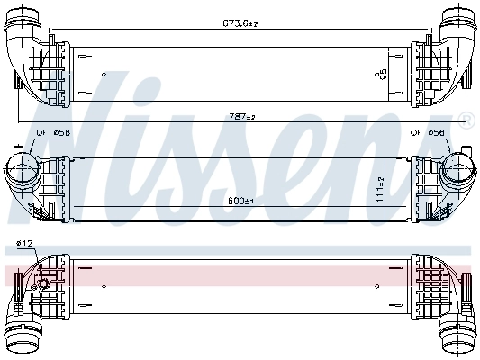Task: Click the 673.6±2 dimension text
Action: pyautogui.click(x=240, y=23)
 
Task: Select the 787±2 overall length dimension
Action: pyautogui.click(x=240, y=117)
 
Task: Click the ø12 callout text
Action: pyautogui.click(x=23, y=244)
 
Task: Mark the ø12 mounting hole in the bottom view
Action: pyautogui.click(x=41, y=288)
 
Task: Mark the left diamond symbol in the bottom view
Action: pyautogui.click(x=104, y=287)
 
